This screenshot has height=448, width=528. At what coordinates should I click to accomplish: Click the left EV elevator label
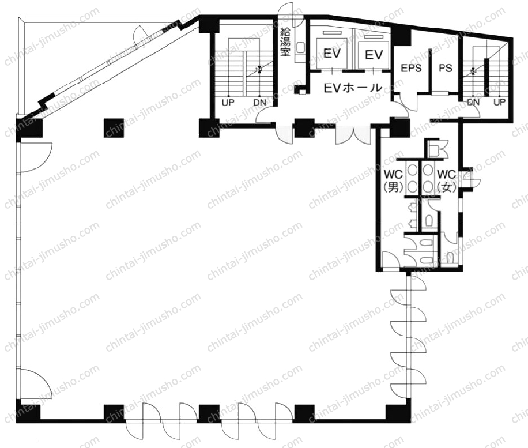point(332,53)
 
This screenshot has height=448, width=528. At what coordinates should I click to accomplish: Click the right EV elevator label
point(374,55)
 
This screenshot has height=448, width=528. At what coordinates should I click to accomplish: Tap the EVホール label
point(353,88)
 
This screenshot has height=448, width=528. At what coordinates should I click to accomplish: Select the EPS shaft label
point(411,68)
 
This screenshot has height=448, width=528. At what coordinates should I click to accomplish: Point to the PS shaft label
point(446,68)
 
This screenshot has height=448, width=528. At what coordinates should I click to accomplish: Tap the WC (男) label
point(393,181)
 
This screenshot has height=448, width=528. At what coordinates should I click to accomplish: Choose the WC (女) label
point(446,181)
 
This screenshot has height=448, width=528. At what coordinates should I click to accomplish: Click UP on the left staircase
point(228,103)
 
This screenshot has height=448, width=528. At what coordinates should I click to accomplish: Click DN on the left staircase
point(259,103)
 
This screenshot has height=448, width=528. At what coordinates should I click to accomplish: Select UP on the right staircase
point(499,101)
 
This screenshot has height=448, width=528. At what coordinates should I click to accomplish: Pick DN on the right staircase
point(473,101)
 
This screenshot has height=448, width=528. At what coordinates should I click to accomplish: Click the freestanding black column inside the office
point(114,128)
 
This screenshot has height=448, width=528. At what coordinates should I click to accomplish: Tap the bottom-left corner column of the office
point(28,411)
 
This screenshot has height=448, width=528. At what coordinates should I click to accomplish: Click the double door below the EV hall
point(353,134)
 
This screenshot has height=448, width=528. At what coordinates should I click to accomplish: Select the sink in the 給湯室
point(300,48)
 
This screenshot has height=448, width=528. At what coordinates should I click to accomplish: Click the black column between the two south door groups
point(209,413)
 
